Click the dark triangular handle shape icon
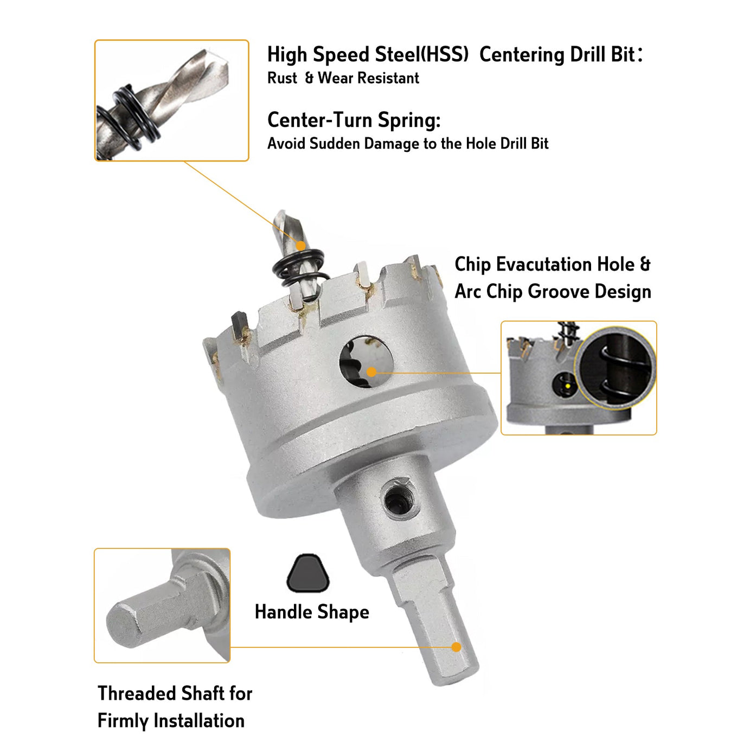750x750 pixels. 307,573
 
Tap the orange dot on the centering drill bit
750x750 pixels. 300,246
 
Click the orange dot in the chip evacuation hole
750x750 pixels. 371,372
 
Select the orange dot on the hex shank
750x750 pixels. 456,647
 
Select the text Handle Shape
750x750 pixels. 312,612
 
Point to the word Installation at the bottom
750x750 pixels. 199,720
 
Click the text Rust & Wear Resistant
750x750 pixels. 343,78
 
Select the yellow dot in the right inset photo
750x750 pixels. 568,386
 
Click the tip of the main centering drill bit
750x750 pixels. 279,212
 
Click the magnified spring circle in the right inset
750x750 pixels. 615,368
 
